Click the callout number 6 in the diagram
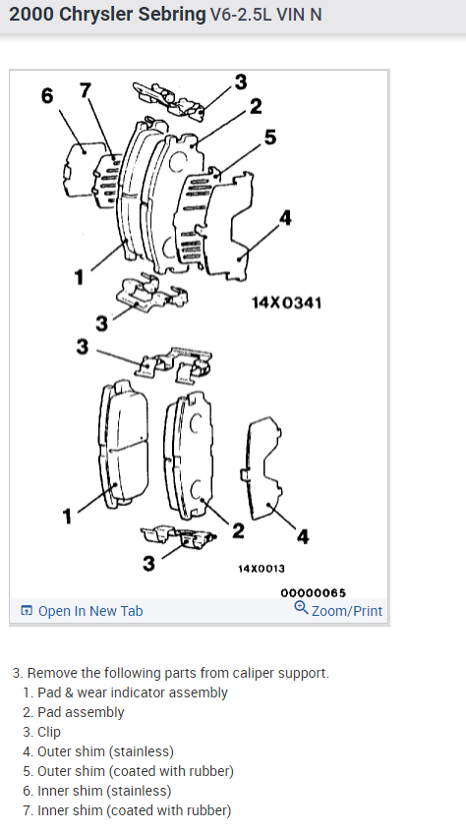tap(47, 96)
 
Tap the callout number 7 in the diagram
tap(86, 90)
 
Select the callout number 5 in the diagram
tap(270, 138)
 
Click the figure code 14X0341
tap(286, 303)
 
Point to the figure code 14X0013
tap(262, 569)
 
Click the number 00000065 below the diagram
tap(313, 592)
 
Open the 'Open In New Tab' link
tap(82, 611)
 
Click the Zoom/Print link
tap(347, 611)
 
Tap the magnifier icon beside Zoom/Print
tap(301, 608)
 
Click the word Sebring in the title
tap(171, 15)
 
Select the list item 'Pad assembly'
tap(81, 712)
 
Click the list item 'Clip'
tap(49, 732)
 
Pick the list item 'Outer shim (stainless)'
tap(105, 751)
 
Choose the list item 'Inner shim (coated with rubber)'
tap(134, 810)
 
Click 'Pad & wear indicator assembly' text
tap(133, 692)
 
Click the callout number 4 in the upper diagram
tap(285, 217)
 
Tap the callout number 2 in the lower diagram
tap(238, 530)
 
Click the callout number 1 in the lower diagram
tap(67, 517)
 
